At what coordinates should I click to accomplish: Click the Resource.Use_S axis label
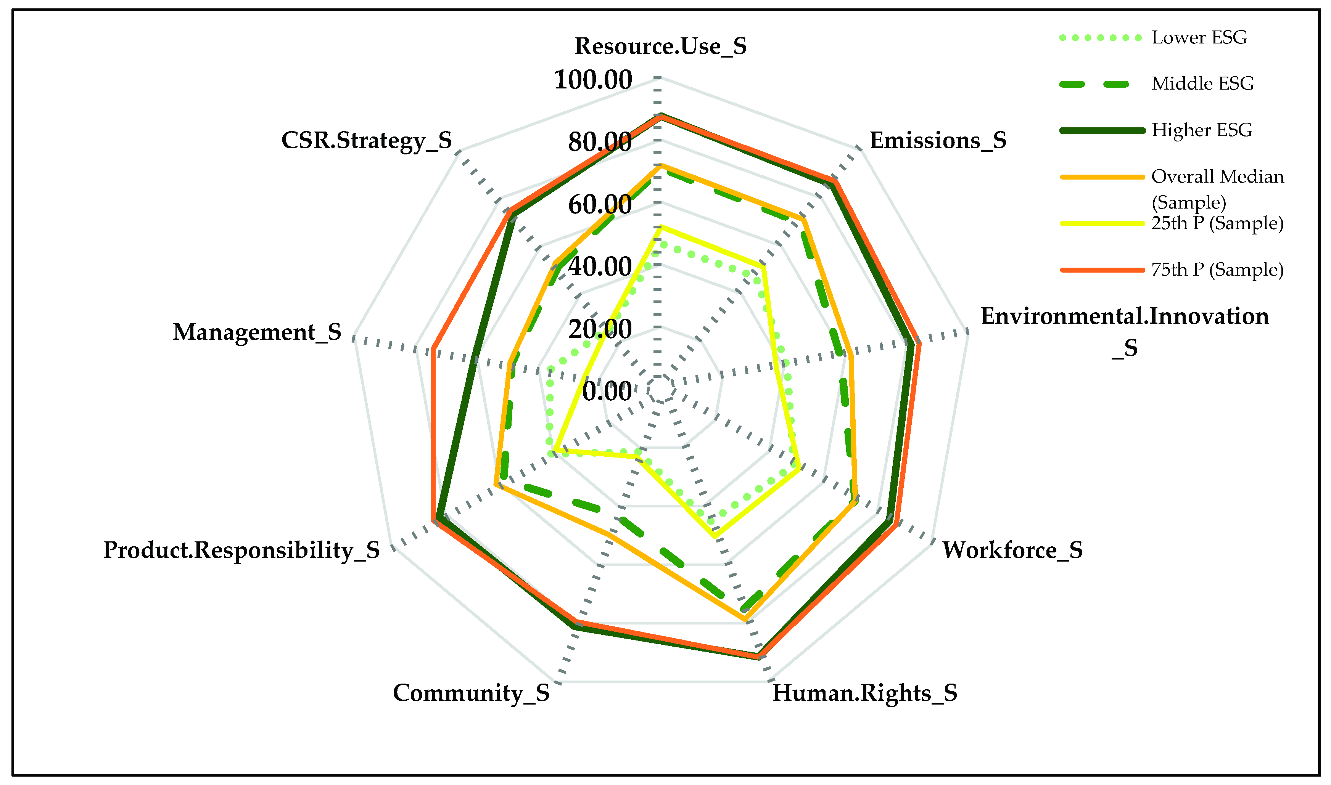pyautogui.click(x=660, y=46)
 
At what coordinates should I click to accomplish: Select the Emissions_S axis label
pyautogui.click(x=938, y=140)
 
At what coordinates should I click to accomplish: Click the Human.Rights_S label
pyautogui.click(x=864, y=693)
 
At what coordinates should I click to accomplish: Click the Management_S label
pyautogui.click(x=257, y=332)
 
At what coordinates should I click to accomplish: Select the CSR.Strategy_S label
pyautogui.click(x=366, y=140)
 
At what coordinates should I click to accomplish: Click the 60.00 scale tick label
pyautogui.click(x=600, y=205)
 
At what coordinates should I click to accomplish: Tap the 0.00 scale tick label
pyautogui.click(x=607, y=392)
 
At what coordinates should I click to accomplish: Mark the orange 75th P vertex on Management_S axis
pyautogui.click(x=432, y=349)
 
